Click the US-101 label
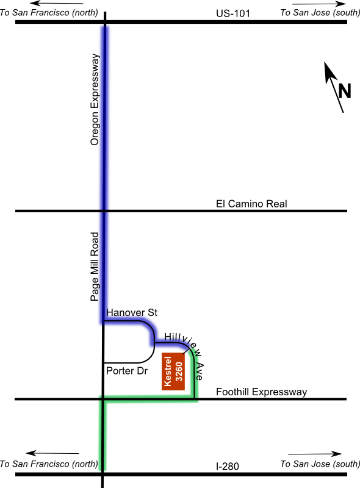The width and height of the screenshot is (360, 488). pyautogui.click(x=233, y=13)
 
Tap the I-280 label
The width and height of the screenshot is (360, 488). pyautogui.click(x=228, y=466)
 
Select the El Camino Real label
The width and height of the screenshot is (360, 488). pyautogui.click(x=251, y=204)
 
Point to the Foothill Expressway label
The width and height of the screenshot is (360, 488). pyautogui.click(x=261, y=392)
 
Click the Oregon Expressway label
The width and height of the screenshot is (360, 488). pyautogui.click(x=95, y=99)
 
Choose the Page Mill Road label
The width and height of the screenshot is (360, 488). pyautogui.click(x=95, y=267)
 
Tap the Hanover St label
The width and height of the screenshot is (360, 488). pyautogui.click(x=132, y=312)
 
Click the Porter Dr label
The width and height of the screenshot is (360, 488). pyautogui.click(x=127, y=371)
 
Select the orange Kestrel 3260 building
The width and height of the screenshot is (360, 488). pyautogui.click(x=173, y=371)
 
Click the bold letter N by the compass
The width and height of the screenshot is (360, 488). pyautogui.click(x=344, y=91)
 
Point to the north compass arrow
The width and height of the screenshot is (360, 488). pyautogui.click(x=334, y=87)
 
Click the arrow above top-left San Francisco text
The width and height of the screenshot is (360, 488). pyautogui.click(x=57, y=4)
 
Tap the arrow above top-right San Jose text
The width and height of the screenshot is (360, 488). pyautogui.click(x=319, y=4)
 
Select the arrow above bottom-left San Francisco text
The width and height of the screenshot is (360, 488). pyautogui.click(x=52, y=453)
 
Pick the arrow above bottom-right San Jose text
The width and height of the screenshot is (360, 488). pyautogui.click(x=315, y=454)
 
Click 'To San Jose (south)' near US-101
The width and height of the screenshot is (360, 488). pyautogui.click(x=320, y=13)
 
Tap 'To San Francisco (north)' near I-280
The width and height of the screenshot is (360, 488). pyautogui.click(x=49, y=464)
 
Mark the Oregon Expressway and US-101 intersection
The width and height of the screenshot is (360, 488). pyautogui.click(x=105, y=22)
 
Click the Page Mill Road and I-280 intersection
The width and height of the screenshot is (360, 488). pyautogui.click(x=102, y=475)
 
